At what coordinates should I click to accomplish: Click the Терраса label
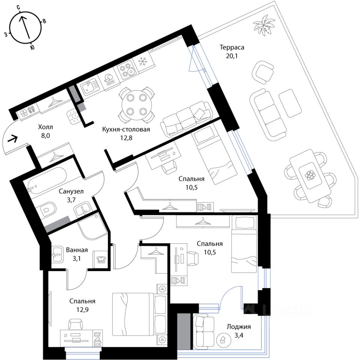[x=232, y=48]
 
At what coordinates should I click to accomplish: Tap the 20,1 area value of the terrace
[x=232, y=56]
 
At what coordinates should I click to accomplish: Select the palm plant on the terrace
[x=264, y=25]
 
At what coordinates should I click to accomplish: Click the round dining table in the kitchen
[x=137, y=105]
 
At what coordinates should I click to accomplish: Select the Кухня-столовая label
[x=126, y=129]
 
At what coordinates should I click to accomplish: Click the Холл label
[x=45, y=127]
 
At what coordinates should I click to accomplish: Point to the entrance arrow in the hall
[x=12, y=139]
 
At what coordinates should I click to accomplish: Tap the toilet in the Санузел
[x=48, y=210]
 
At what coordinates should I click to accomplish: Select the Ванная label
[x=77, y=250]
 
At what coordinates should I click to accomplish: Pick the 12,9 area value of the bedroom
[x=82, y=310]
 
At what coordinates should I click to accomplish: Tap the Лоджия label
[x=239, y=327]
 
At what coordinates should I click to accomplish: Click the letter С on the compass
[x=18, y=7]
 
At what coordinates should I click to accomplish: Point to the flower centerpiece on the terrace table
[x=310, y=175]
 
